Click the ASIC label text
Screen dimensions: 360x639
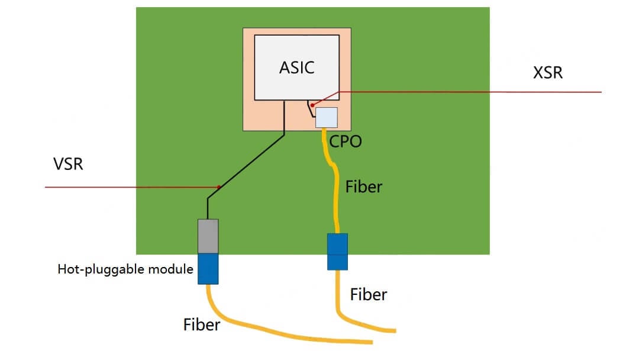(x=296, y=67)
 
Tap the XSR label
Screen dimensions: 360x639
(x=547, y=73)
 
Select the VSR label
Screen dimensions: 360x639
(x=68, y=163)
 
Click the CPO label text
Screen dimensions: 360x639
(x=345, y=142)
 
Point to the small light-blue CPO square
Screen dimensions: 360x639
(x=326, y=117)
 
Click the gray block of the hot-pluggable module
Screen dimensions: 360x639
(x=208, y=236)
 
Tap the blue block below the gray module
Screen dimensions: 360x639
(x=208, y=269)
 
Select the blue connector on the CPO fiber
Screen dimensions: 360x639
(x=337, y=252)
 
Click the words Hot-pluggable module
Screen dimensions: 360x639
(x=125, y=269)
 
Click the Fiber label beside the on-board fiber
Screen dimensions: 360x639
(x=364, y=187)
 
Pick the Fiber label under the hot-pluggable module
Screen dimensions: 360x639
(x=202, y=324)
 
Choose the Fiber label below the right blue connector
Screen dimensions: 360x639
(x=369, y=294)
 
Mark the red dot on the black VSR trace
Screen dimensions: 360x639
(x=219, y=187)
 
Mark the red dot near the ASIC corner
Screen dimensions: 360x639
(x=312, y=105)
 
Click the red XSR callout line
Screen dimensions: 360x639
(x=473, y=92)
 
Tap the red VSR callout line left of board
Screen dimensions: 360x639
(x=89, y=188)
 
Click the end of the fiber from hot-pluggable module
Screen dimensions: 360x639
(x=370, y=342)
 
